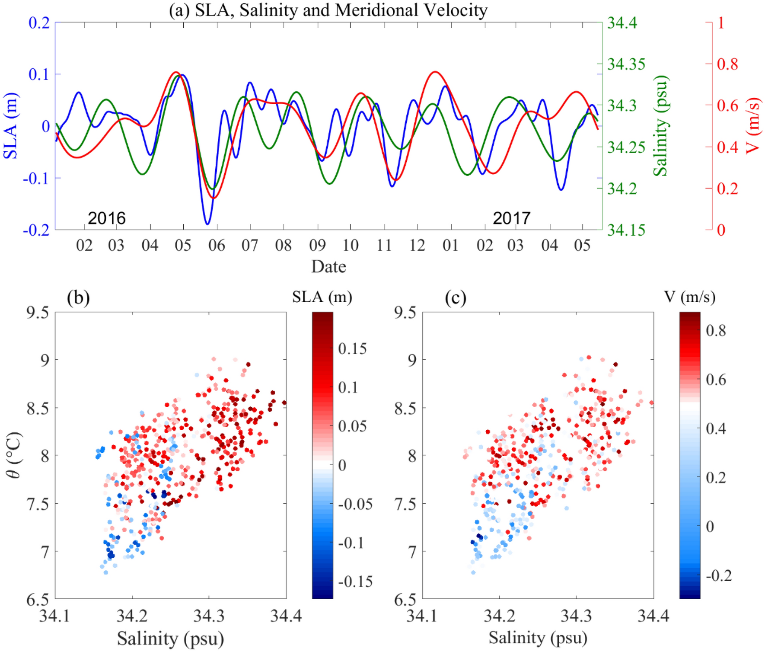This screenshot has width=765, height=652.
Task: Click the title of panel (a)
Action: pyautogui.click(x=328, y=10)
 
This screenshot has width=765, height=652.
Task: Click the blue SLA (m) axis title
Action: pyautogui.click(x=11, y=126)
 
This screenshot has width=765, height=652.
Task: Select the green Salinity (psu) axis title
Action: pyautogui.click(x=660, y=126)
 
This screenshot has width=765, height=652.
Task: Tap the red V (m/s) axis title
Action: pyautogui.click(x=752, y=126)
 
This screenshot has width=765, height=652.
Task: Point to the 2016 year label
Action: pyautogui.click(x=106, y=218)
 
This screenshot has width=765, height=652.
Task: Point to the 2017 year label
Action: pyautogui.click(x=511, y=218)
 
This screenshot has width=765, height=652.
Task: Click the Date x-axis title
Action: pyautogui.click(x=328, y=266)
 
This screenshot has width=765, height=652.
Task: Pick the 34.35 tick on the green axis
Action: pyautogui.click(x=626, y=64)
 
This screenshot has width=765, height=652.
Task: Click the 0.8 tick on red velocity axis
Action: pyautogui.click(x=727, y=64)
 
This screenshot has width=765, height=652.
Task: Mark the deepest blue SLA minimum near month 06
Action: pyautogui.click(x=207, y=224)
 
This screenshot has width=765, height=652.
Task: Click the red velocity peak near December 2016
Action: pyautogui.click(x=435, y=72)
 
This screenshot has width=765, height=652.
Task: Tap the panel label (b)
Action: pyautogui.click(x=78, y=298)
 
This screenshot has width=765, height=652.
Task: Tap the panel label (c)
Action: pyautogui.click(x=456, y=298)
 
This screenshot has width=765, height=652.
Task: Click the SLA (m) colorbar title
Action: pyautogui.click(x=322, y=297)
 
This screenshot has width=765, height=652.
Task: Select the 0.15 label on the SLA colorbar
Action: pyautogui.click(x=352, y=348)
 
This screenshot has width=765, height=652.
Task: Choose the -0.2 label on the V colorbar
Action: pyautogui.click(x=718, y=575)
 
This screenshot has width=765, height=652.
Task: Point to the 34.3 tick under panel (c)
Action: pyautogui.click(x=576, y=615)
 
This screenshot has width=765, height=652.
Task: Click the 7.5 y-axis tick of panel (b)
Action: pyautogui.click(x=38, y=504)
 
